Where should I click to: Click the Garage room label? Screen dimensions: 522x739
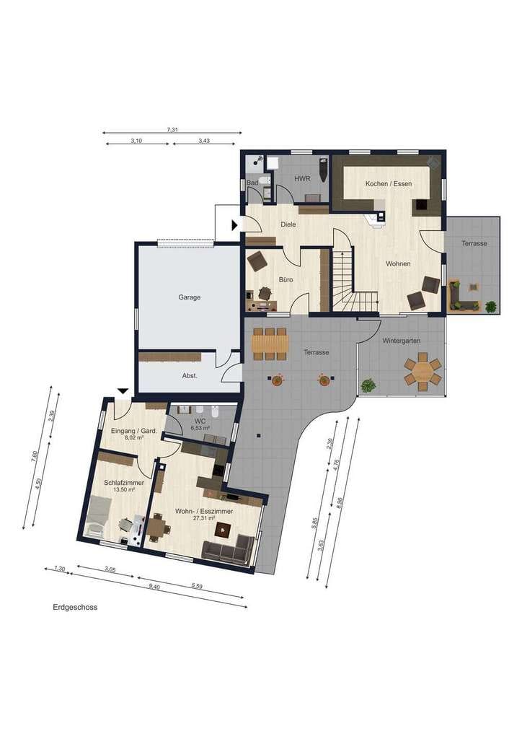(x=189, y=297)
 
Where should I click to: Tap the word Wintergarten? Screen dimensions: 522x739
(x=401, y=341)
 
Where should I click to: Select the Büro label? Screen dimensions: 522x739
(x=286, y=280)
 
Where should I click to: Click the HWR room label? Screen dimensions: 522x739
(x=301, y=179)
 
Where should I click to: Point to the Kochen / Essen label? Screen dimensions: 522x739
(x=389, y=184)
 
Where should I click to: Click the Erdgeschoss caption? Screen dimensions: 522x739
(x=75, y=608)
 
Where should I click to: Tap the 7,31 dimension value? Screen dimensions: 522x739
(x=172, y=130)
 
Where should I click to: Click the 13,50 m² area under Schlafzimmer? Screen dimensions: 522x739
(x=124, y=490)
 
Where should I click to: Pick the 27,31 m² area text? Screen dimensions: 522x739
(x=204, y=517)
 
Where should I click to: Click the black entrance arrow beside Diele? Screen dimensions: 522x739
(x=235, y=225)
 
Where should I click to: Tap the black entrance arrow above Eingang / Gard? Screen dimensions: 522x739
(x=123, y=391)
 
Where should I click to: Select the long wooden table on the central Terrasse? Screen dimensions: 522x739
(x=270, y=344)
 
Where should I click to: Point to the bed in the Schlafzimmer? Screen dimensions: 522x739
(x=99, y=517)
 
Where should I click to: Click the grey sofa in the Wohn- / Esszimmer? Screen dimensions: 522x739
(x=228, y=548)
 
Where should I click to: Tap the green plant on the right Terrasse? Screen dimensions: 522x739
(x=490, y=307)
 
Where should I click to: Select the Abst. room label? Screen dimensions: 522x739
(x=190, y=376)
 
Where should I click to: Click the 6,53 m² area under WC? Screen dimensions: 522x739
(x=200, y=428)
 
